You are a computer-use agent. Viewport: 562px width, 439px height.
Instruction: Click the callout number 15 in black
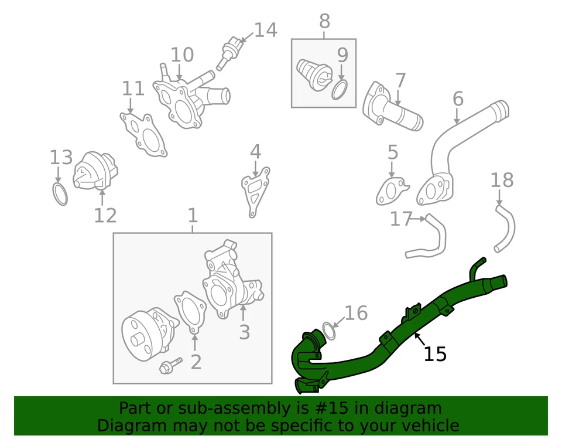435,354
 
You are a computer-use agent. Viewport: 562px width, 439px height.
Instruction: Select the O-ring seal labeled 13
59,194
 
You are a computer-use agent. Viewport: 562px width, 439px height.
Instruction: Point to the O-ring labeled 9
340,90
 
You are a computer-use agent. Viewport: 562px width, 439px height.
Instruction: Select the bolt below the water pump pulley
167,367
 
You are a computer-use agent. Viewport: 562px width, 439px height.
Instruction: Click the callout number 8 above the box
324,22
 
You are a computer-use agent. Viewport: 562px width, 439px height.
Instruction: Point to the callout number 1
193,216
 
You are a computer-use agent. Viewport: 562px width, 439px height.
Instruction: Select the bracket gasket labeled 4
255,190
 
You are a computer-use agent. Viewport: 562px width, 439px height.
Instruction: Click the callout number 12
105,216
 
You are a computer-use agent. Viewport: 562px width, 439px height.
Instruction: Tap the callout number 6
458,99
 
